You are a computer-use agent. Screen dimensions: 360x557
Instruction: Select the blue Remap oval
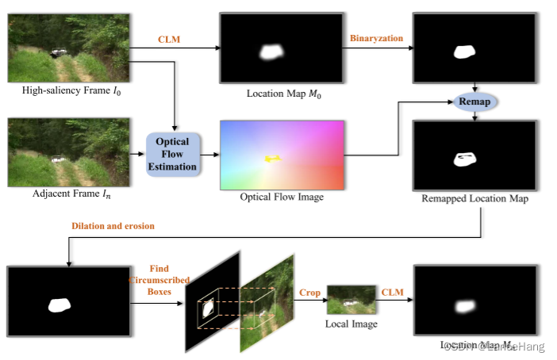click(x=474, y=102)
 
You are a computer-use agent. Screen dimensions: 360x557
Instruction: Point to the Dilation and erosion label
click(x=113, y=226)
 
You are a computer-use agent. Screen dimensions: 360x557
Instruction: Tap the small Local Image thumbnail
click(x=351, y=301)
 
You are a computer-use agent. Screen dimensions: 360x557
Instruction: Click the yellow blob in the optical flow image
click(x=273, y=159)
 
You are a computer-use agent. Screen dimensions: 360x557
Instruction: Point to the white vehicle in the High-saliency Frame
click(x=58, y=52)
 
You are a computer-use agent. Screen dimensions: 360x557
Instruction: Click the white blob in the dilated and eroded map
click(x=60, y=304)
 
